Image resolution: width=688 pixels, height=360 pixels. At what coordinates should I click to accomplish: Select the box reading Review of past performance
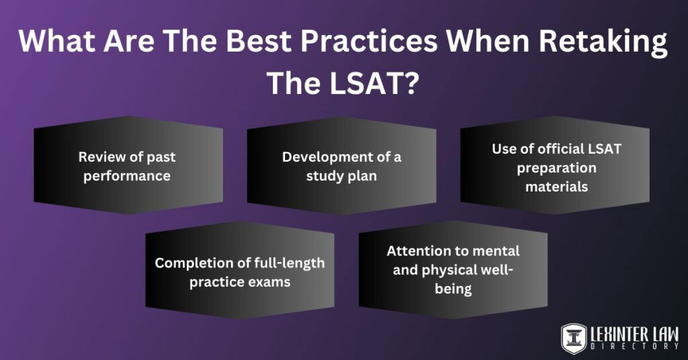(128, 166)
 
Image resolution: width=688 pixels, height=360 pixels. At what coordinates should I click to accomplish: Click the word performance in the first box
(128, 176)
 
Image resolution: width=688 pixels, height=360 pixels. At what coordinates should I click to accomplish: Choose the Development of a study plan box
(341, 166)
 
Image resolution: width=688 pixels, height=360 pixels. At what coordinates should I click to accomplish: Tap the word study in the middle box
(325, 176)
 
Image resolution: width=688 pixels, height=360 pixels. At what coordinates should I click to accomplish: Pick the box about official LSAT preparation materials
(555, 166)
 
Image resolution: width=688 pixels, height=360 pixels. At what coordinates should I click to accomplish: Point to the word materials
(556, 187)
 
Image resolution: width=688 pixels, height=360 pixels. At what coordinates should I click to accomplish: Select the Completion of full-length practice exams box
(240, 271)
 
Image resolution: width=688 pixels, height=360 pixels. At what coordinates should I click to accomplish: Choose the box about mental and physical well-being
(453, 270)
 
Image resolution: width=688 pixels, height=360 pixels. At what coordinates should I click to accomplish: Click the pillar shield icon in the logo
(574, 338)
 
